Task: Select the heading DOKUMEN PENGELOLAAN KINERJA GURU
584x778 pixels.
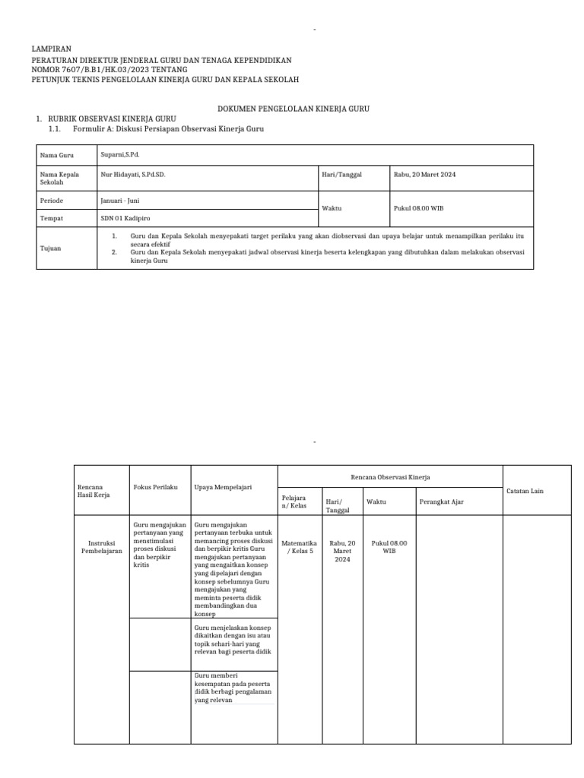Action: click(x=294, y=109)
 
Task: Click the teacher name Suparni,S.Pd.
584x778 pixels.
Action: click(x=120, y=154)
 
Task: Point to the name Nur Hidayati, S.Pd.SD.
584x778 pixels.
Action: click(x=133, y=174)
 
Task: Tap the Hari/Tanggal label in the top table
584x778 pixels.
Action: click(x=342, y=174)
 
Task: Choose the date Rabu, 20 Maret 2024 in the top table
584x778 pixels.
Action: click(x=424, y=174)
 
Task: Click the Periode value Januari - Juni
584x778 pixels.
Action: click(x=120, y=201)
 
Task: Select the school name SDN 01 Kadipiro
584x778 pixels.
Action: click(x=125, y=218)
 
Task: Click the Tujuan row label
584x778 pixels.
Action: click(x=51, y=248)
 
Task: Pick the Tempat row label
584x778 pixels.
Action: click(x=52, y=218)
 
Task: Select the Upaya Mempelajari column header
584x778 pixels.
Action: click(x=223, y=486)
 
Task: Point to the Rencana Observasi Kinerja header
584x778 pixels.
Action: click(x=390, y=477)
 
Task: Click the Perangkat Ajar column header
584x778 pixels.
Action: click(x=441, y=502)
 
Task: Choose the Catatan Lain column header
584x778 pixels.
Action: click(x=525, y=491)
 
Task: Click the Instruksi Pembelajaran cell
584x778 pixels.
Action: click(x=101, y=547)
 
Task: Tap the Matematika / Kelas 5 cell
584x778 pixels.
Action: click(x=299, y=547)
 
